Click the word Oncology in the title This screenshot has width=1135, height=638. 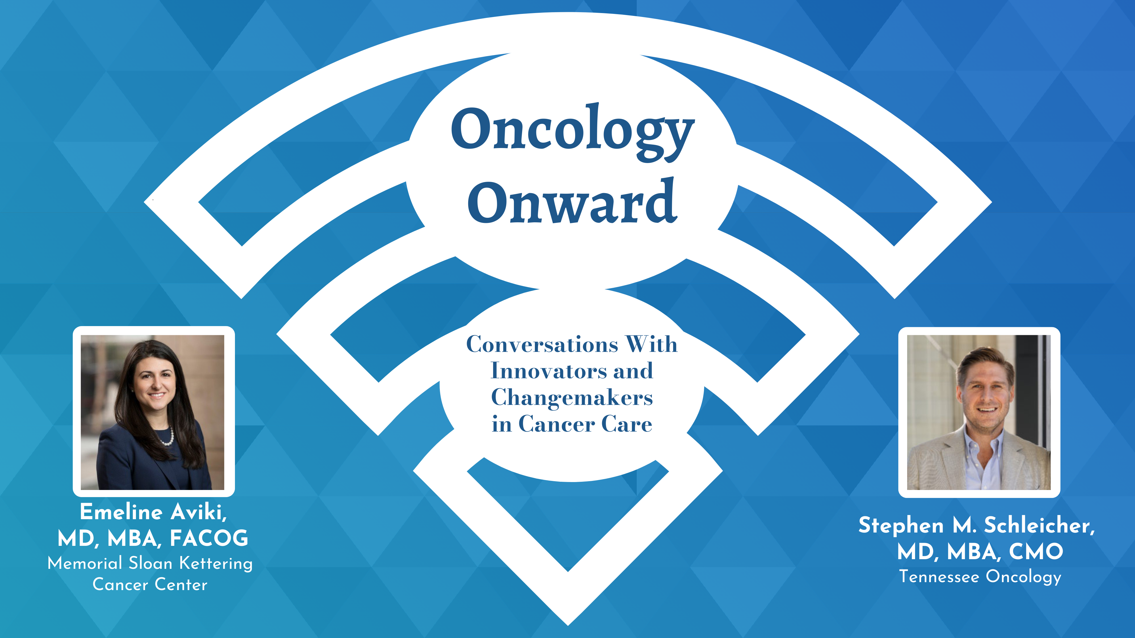[572, 130]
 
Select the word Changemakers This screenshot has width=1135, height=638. [572, 398]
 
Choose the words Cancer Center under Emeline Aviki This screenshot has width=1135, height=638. [150, 585]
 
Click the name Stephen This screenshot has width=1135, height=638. [901, 525]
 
